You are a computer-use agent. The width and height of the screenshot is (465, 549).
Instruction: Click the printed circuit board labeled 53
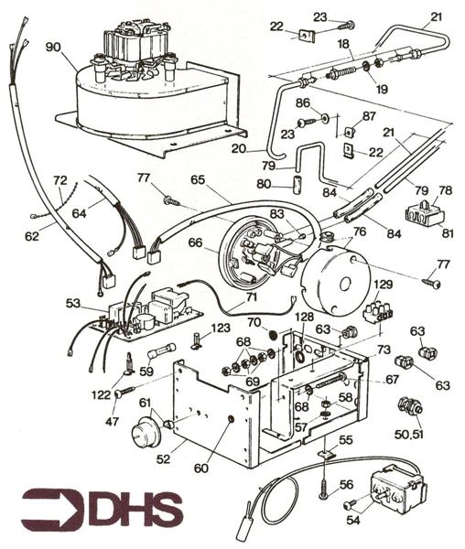tap(151, 311)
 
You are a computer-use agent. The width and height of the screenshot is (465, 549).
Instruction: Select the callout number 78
tap(445, 191)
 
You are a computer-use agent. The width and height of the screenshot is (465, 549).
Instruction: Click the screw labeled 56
tap(322, 482)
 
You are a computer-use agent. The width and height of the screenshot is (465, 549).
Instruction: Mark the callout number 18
tap(345, 43)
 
